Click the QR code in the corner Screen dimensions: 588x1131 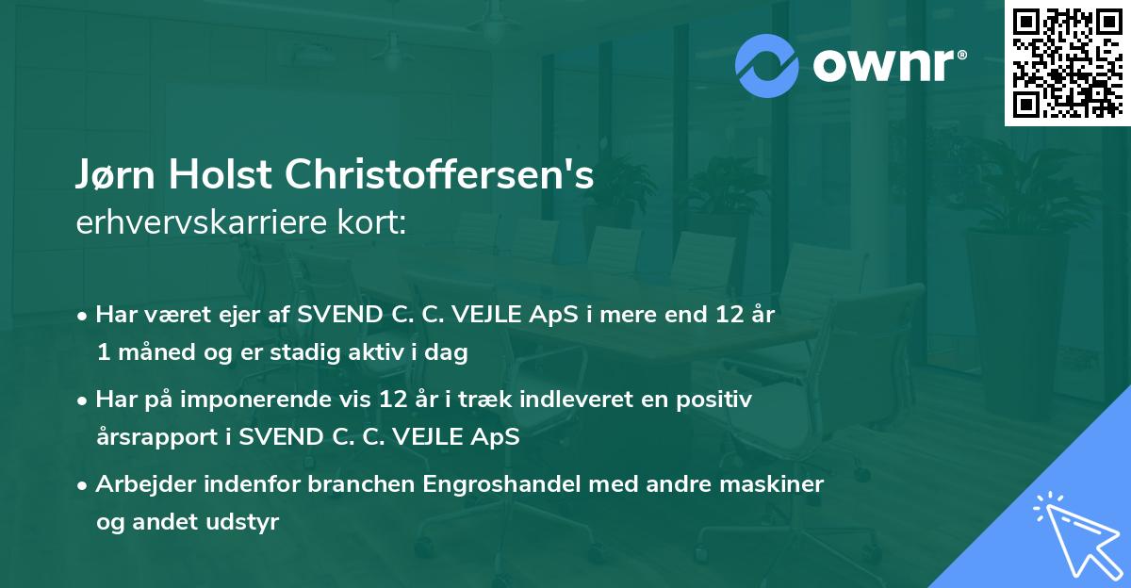[x=1067, y=63]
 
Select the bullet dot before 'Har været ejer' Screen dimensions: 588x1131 [x=84, y=316]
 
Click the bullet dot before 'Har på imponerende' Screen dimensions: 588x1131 [x=84, y=400]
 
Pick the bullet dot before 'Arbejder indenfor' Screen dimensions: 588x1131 [x=84, y=486]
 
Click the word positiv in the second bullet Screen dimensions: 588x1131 [x=716, y=400]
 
